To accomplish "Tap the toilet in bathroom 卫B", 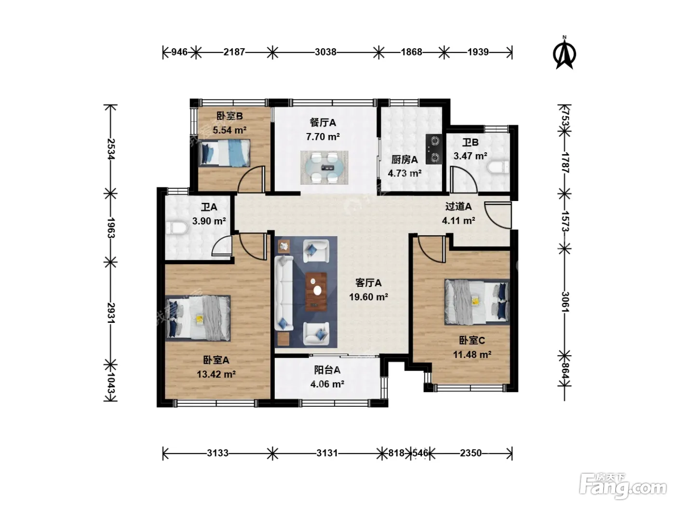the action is (498, 167).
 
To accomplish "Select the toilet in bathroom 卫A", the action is (176, 227).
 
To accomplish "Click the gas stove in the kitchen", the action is (434, 149).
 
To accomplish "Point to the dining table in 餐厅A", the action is (324, 167).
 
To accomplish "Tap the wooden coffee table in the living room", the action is (316, 292).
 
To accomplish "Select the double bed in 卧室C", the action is (477, 302).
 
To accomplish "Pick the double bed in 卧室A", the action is (198, 318).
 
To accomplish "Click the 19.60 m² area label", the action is (368, 297).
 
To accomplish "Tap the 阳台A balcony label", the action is (327, 370).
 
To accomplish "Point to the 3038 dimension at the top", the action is (325, 52).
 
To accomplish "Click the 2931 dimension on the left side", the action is (110, 313).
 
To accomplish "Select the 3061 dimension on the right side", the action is (565, 302).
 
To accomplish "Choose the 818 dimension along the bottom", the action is (396, 453).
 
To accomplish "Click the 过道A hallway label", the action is (458, 206).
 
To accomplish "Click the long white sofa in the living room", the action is (284, 293).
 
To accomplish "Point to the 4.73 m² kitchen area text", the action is (405, 173).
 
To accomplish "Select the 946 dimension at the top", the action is (179, 52).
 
